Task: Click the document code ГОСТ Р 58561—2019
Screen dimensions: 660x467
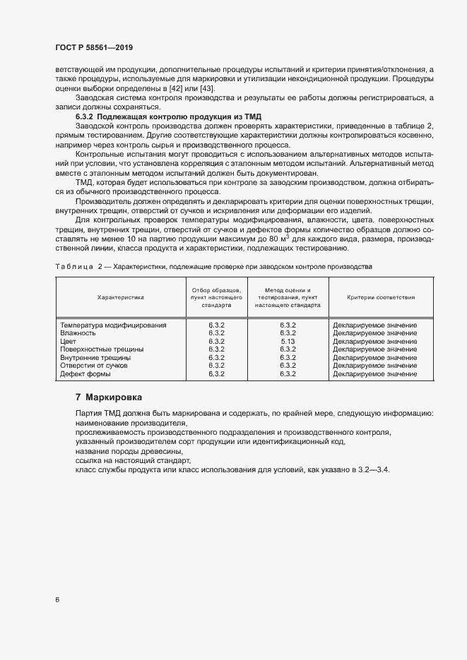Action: [x=93, y=47]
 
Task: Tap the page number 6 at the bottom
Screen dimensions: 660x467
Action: [x=57, y=600]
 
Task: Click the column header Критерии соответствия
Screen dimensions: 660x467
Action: [x=381, y=298]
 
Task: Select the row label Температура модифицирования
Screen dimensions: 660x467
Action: [x=113, y=325]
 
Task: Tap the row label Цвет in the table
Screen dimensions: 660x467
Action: [x=68, y=341]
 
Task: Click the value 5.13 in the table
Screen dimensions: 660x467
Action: [x=288, y=341]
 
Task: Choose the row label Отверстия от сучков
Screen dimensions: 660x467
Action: [x=94, y=366]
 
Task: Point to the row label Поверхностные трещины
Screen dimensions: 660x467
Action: [x=102, y=349]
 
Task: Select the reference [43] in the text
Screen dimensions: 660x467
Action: [x=206, y=89]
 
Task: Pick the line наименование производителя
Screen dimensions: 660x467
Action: [x=124, y=422]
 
